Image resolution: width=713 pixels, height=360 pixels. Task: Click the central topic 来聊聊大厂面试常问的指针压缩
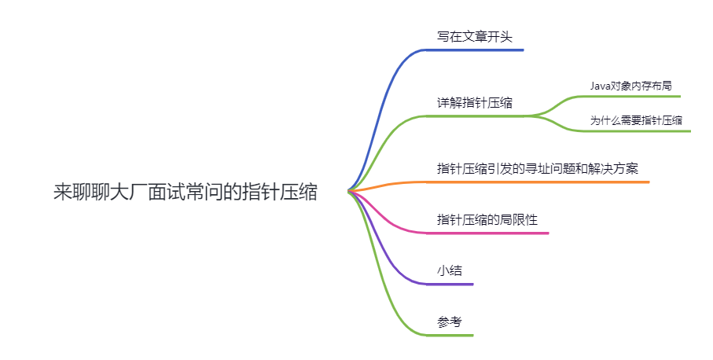click(186, 192)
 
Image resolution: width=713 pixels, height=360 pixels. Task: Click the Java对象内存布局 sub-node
click(630, 85)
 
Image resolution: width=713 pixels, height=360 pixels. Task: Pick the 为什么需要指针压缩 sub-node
click(636, 120)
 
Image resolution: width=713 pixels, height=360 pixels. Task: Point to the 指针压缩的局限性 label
click(487, 219)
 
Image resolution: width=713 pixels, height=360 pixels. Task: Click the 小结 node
click(450, 270)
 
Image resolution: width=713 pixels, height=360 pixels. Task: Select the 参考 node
click(450, 321)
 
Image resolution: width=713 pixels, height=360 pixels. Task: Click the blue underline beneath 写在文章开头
click(474, 50)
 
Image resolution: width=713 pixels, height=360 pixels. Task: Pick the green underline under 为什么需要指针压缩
click(637, 131)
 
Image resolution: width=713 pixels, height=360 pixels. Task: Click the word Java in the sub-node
click(601, 85)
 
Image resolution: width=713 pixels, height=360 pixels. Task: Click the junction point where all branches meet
click(350, 191)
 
